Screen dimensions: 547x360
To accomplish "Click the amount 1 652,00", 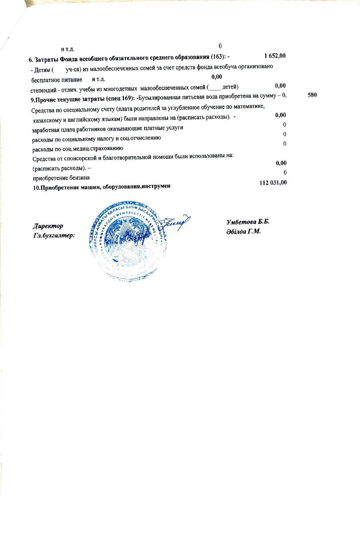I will [275, 56].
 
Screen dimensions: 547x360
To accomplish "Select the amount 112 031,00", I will [273, 183].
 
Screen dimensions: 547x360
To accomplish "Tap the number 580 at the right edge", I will [312, 95].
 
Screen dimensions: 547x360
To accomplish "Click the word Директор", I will [48, 226].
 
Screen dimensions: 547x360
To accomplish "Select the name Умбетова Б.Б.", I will [248, 222].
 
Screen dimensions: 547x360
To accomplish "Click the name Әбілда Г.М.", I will [244, 231].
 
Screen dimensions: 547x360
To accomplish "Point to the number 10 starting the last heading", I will [36, 187].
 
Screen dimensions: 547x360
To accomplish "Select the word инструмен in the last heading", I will [156, 186].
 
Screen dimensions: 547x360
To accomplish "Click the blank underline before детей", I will [213, 88].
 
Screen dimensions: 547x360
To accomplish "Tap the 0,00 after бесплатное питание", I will [216, 77].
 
